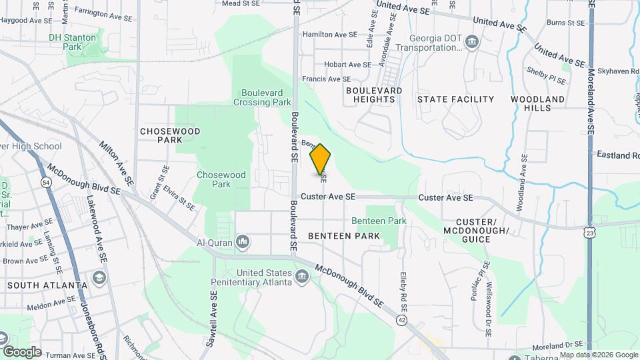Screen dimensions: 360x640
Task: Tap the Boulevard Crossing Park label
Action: tap(263, 97)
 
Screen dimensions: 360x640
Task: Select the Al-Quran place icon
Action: tap(243, 241)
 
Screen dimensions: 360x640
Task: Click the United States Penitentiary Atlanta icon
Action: tap(301, 275)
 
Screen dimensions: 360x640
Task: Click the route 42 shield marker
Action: tap(401, 321)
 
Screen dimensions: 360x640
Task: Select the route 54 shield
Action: tap(45, 182)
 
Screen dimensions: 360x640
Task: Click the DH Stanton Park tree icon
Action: tap(101, 34)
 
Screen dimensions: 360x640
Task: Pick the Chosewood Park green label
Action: tap(221, 179)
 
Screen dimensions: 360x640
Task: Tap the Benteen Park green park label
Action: tap(379, 221)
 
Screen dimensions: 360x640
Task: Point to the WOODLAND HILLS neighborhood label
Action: tap(537, 103)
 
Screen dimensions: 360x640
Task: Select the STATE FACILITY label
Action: tap(455, 99)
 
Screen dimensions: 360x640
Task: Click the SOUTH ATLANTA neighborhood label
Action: tap(47, 285)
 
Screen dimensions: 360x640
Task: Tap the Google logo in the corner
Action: tap(22, 351)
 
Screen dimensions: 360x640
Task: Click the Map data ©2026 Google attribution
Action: tap(599, 355)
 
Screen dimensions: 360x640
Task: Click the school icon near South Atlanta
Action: tap(100, 277)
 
